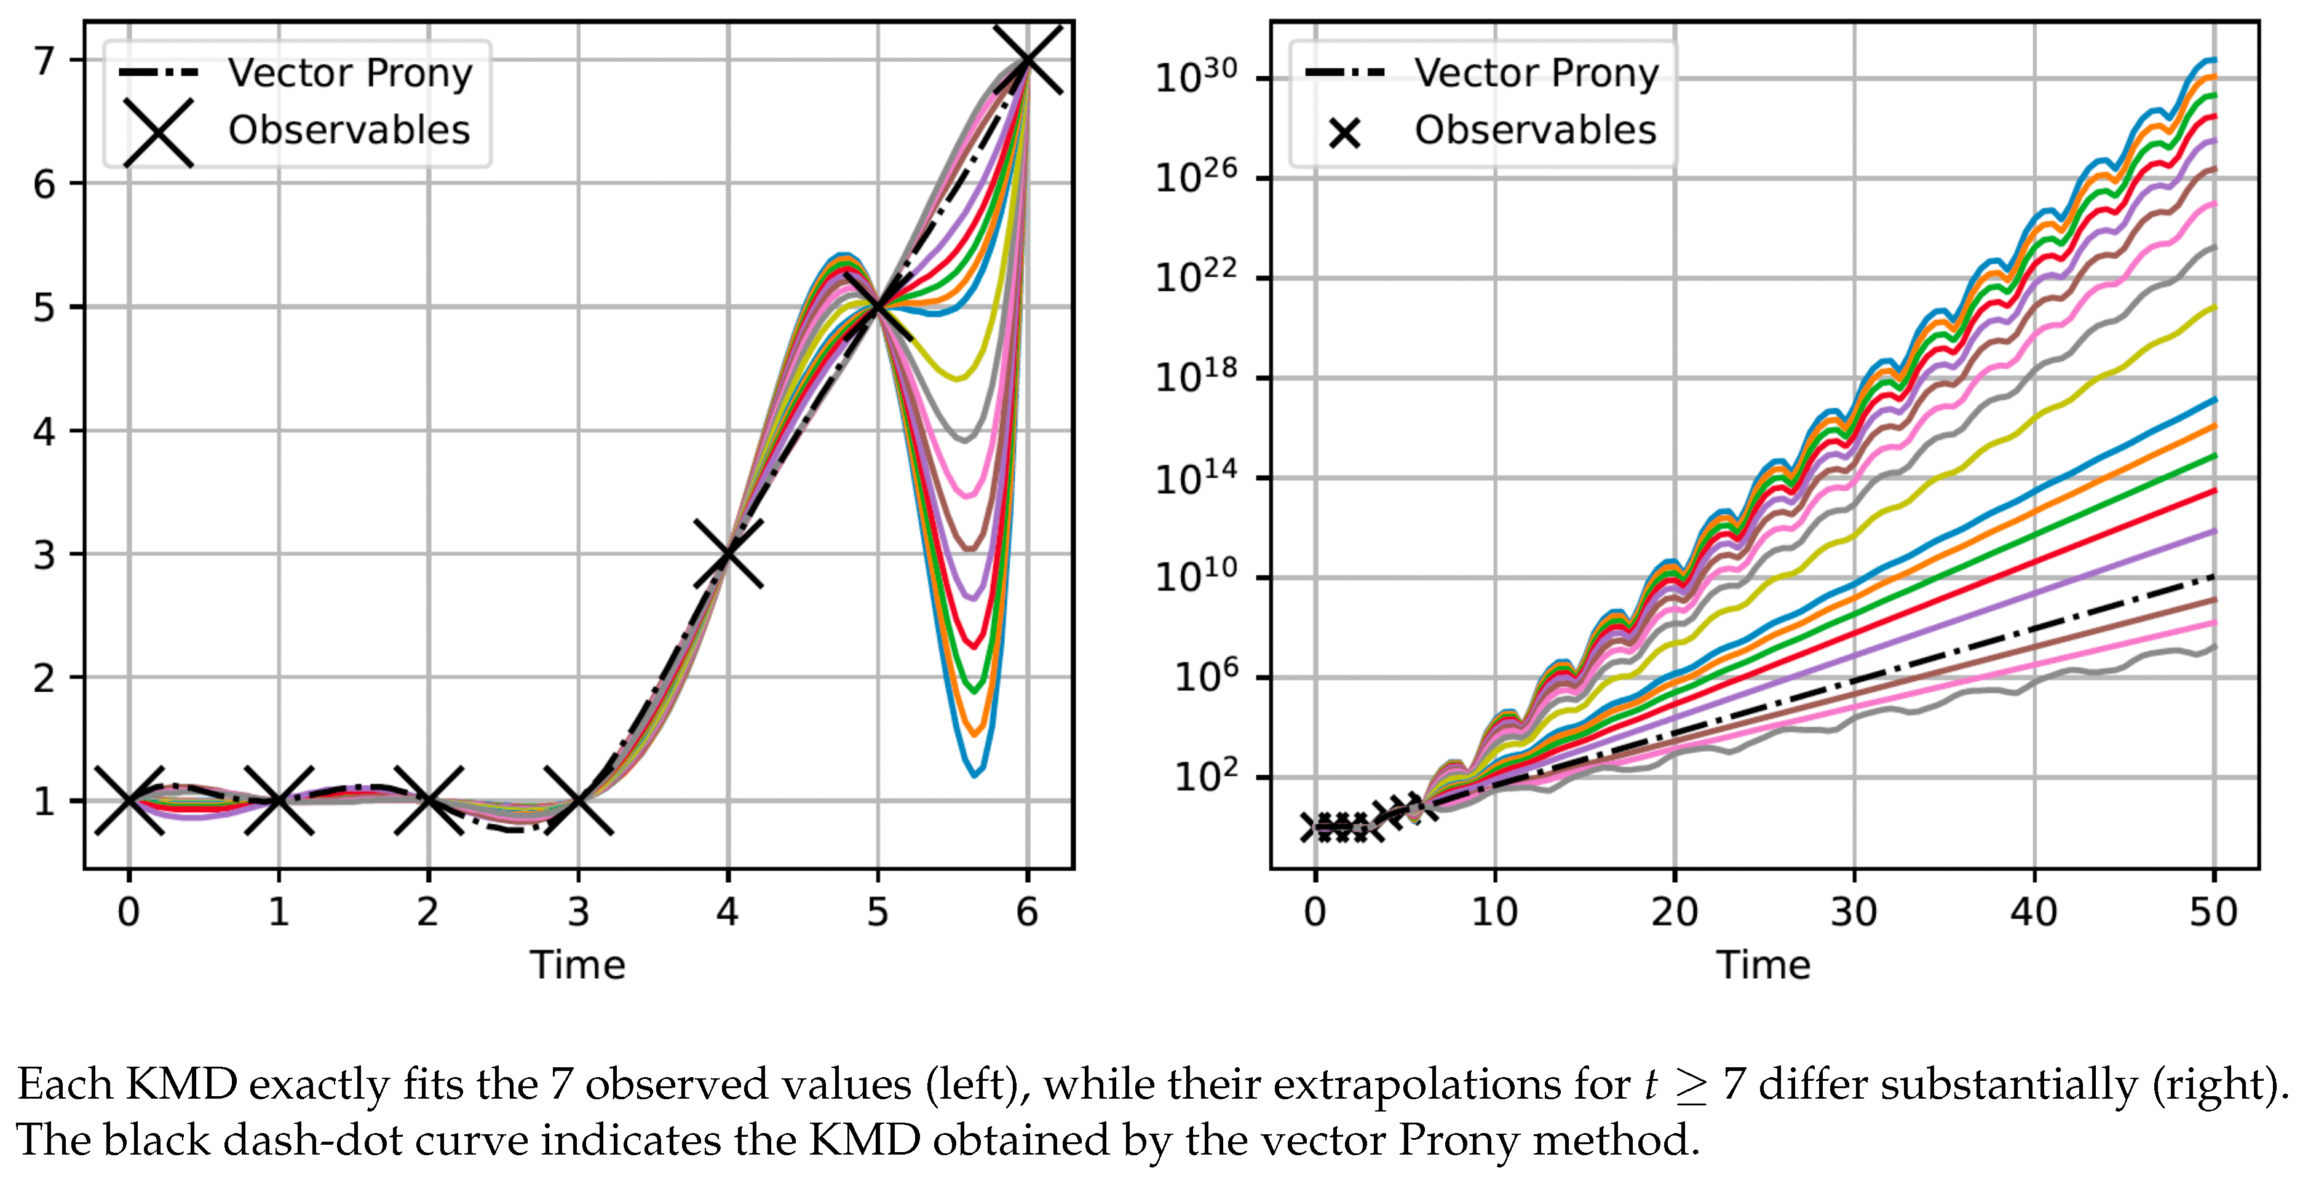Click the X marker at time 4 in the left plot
(x=728, y=554)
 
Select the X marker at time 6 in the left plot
(x=1027, y=60)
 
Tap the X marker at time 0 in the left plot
(x=129, y=800)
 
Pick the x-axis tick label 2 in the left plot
(x=428, y=912)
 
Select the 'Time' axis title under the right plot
(x=1763, y=965)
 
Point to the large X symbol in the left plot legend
(x=159, y=132)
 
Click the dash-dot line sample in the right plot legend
(x=1344, y=73)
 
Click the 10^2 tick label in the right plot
(x=1206, y=776)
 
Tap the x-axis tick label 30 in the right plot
(x=1853, y=912)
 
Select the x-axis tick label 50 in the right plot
(x=2213, y=912)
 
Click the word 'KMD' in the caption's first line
(x=181, y=1085)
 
